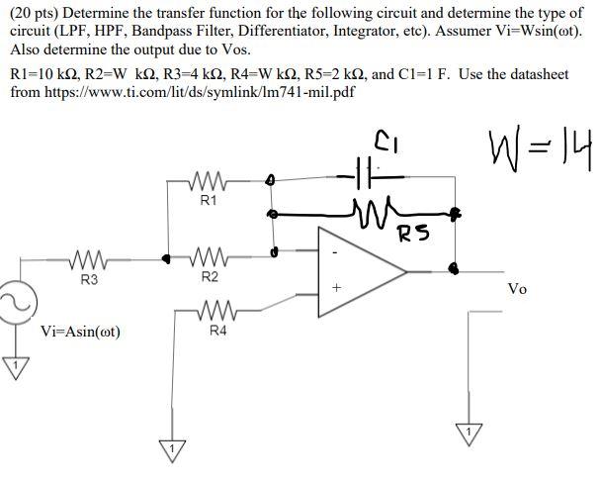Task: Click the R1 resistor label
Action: coord(209,201)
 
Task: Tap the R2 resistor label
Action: coord(210,276)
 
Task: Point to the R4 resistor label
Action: coord(217,331)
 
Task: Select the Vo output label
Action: coord(517,289)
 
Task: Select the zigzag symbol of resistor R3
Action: coord(88,261)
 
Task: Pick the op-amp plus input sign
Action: coord(336,289)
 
